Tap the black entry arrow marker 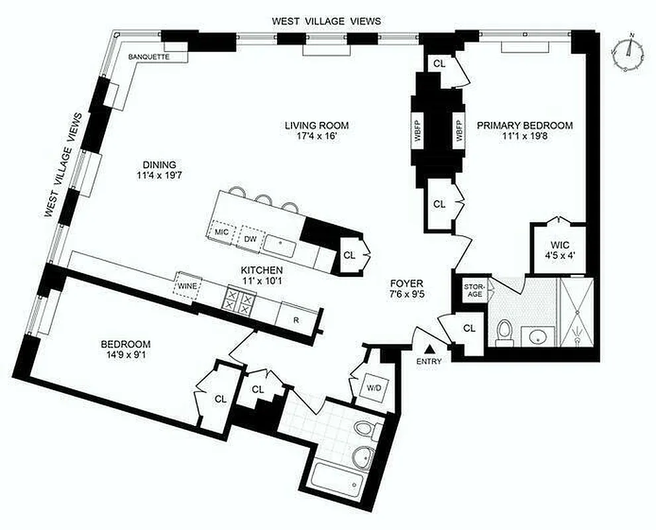click(x=429, y=348)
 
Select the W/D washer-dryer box click(x=373, y=387)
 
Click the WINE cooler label click(x=186, y=286)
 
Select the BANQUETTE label click(x=149, y=57)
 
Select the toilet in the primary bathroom click(x=505, y=331)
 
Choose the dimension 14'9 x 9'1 click(x=125, y=356)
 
